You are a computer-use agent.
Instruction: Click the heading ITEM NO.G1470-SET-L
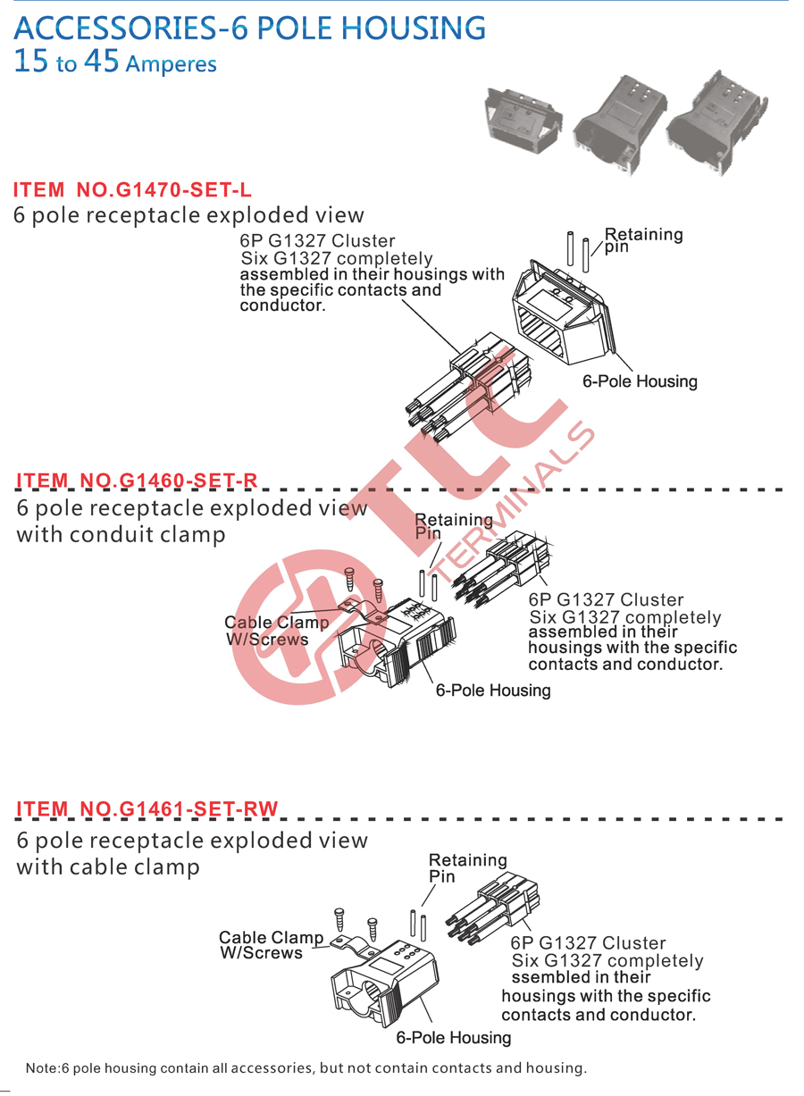pyautogui.click(x=132, y=190)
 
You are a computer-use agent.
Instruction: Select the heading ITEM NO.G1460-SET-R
pyautogui.click(x=137, y=480)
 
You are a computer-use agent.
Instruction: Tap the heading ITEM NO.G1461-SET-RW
pyautogui.click(x=147, y=808)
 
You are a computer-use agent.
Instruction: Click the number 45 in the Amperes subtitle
pyautogui.click(x=102, y=61)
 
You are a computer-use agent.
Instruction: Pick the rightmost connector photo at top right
pyautogui.click(x=716, y=123)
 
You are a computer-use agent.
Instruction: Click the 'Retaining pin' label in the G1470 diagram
pyautogui.click(x=643, y=239)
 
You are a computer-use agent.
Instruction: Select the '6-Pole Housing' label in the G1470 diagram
pyautogui.click(x=640, y=381)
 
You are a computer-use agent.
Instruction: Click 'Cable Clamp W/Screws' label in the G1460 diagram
pyautogui.click(x=276, y=631)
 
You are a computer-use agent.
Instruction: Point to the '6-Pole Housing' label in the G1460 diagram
pyautogui.click(x=493, y=690)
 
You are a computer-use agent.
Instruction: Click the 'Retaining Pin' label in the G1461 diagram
pyautogui.click(x=467, y=867)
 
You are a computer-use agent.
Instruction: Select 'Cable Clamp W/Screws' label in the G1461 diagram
pyautogui.click(x=271, y=944)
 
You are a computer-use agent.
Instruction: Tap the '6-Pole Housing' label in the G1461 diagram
pyautogui.click(x=453, y=1037)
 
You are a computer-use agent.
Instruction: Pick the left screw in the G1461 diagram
pyautogui.click(x=339, y=920)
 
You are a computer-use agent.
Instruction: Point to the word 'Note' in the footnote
pyautogui.click(x=42, y=1067)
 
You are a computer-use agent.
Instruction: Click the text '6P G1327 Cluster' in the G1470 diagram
pyautogui.click(x=317, y=241)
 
